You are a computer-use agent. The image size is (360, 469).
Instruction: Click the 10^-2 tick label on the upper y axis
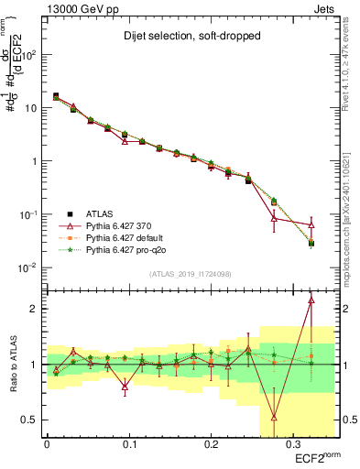[30, 268]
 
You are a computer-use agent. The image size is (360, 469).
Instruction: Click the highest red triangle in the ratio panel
[311, 300]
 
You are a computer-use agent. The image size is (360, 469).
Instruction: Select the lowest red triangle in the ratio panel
[274, 417]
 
